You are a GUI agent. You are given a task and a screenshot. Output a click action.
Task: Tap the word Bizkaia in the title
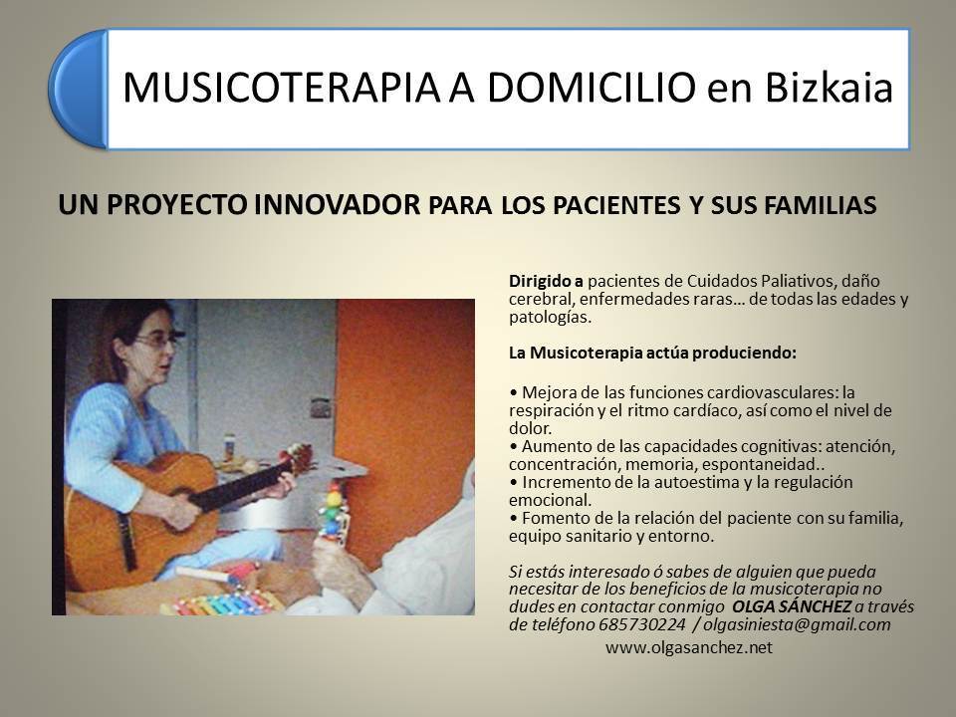829,88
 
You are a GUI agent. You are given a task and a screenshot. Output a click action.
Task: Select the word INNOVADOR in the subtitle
338,205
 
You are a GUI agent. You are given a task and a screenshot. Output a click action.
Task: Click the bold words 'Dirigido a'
547,281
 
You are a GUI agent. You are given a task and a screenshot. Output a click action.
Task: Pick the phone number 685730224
642,625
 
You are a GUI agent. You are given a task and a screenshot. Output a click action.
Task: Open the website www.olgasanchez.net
689,647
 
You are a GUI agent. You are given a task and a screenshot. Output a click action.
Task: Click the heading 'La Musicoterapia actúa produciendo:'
652,353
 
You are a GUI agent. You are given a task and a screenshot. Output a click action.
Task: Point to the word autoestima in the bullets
695,482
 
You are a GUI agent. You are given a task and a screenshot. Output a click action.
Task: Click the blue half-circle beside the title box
78,89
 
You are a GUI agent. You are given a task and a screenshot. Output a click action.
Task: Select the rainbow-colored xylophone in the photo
223,603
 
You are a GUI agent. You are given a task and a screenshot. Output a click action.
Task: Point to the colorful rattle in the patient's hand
333,511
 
